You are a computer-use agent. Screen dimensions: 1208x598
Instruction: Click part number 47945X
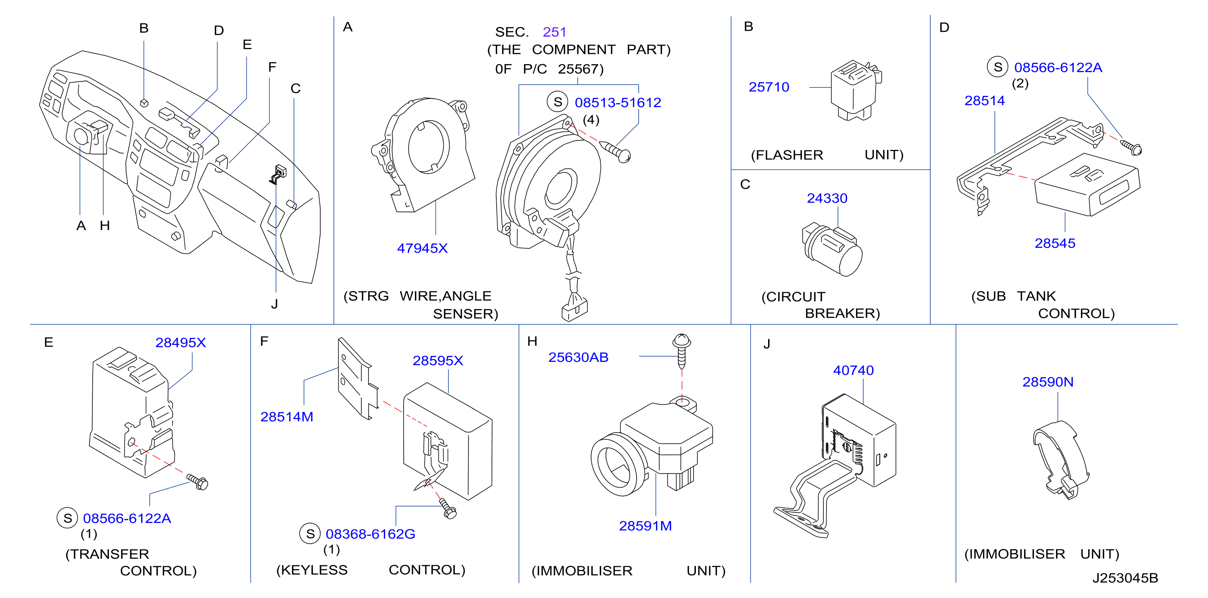pyautogui.click(x=422, y=248)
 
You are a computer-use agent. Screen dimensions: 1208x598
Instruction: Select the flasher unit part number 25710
pyautogui.click(x=769, y=87)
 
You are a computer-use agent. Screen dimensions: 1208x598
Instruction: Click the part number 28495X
pyautogui.click(x=181, y=342)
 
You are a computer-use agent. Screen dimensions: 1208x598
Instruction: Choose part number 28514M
pyautogui.click(x=287, y=416)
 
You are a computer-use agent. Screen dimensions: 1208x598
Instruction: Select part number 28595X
pyautogui.click(x=437, y=360)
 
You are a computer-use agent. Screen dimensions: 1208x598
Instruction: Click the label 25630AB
pyautogui.click(x=578, y=357)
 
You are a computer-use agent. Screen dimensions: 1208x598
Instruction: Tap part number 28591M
pyautogui.click(x=645, y=525)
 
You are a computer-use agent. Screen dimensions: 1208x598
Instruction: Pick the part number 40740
pyautogui.click(x=853, y=370)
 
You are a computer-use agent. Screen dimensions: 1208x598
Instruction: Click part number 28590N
pyautogui.click(x=1048, y=382)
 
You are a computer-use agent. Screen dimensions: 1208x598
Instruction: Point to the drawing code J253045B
pyautogui.click(x=1125, y=577)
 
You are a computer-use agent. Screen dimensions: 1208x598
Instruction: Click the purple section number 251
pyautogui.click(x=554, y=31)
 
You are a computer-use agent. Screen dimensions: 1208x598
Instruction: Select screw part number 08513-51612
pyautogui.click(x=618, y=102)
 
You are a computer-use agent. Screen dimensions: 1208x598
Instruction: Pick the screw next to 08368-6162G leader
pyautogui.click(x=448, y=509)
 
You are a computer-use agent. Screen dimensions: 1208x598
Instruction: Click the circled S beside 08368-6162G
pyautogui.click(x=310, y=534)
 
